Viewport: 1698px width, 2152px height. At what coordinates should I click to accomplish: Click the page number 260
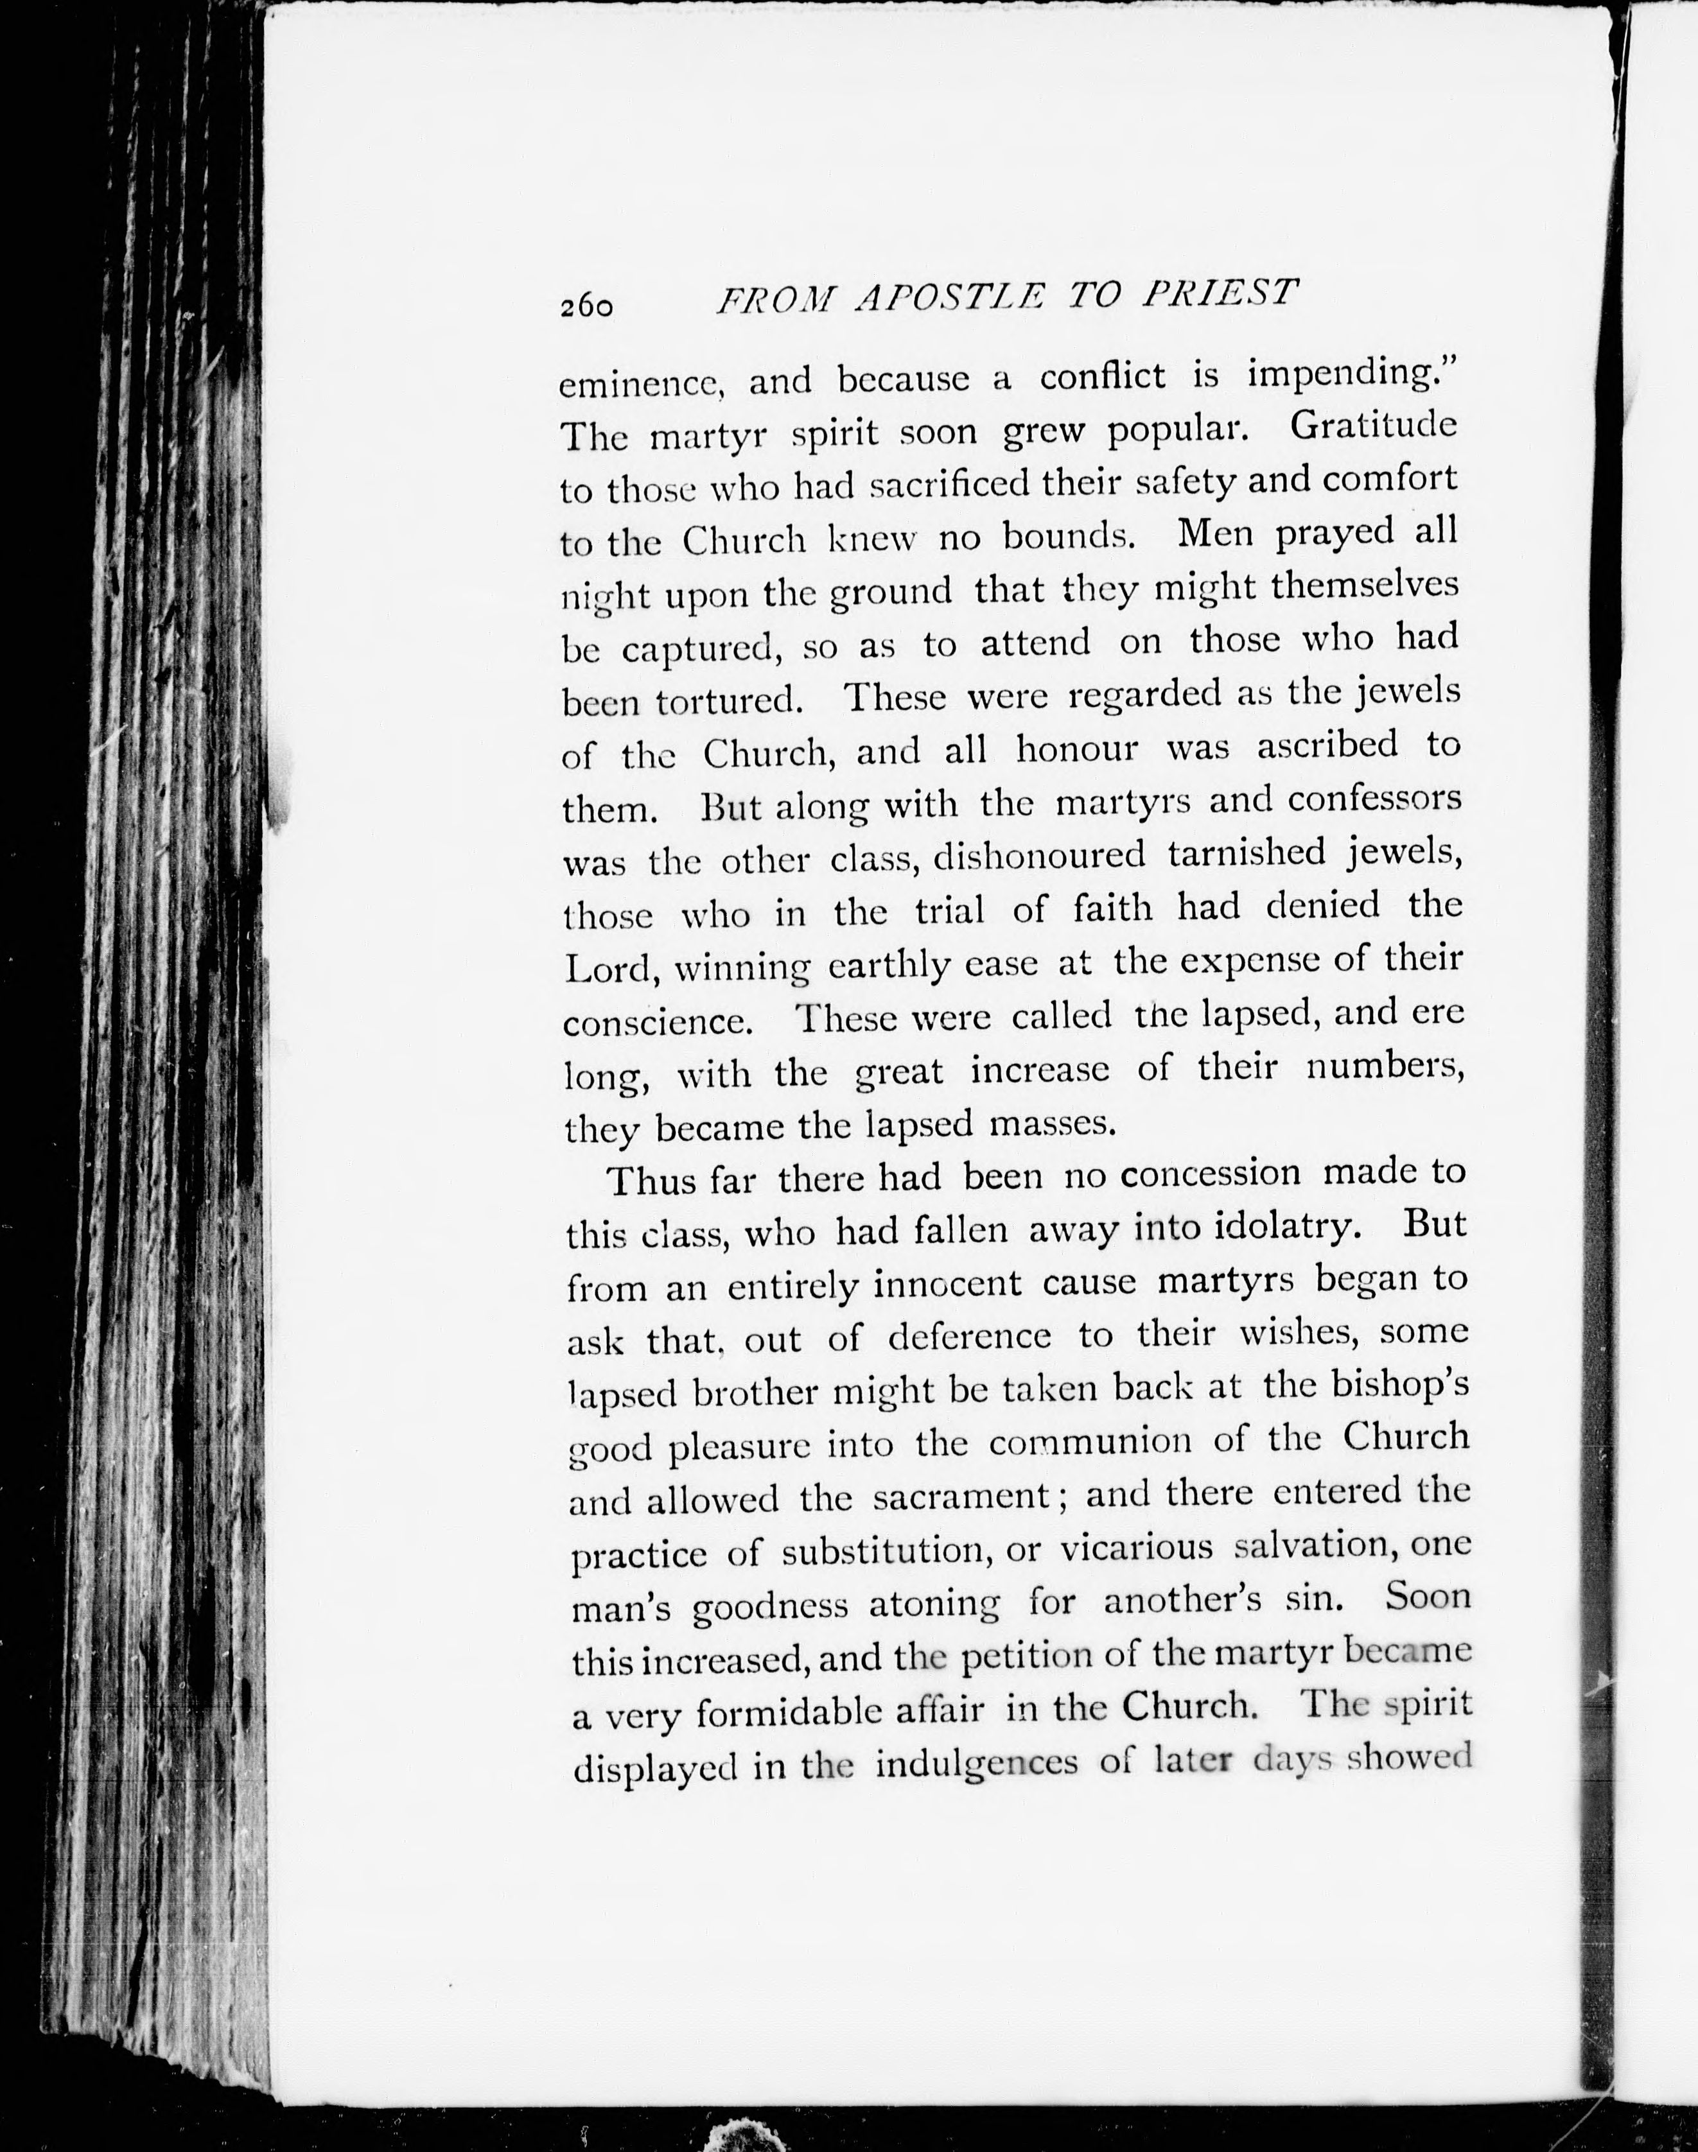pyautogui.click(x=586, y=306)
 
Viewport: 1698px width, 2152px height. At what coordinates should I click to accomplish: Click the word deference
pyautogui.click(x=968, y=1336)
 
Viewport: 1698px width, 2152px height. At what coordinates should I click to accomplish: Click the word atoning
pyautogui.click(x=934, y=1603)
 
